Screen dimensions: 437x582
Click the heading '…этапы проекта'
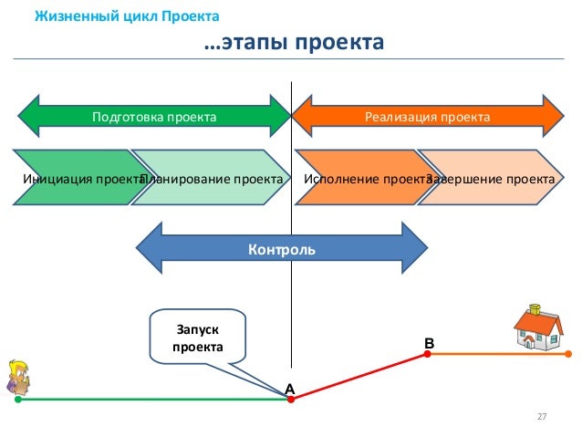290,43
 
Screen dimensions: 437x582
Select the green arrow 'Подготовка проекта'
154,117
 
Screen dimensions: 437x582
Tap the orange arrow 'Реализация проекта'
427,117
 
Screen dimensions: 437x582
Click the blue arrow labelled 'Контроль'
282,248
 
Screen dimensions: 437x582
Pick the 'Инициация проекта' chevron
77,178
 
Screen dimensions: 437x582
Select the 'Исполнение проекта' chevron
360,178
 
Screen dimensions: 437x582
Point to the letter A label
290,389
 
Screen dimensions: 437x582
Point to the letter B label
430,342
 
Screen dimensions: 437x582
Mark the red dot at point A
290,400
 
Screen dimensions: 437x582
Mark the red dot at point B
429,354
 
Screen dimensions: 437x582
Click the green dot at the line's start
17,400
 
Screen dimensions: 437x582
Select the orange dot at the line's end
568,354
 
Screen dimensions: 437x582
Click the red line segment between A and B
359,377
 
